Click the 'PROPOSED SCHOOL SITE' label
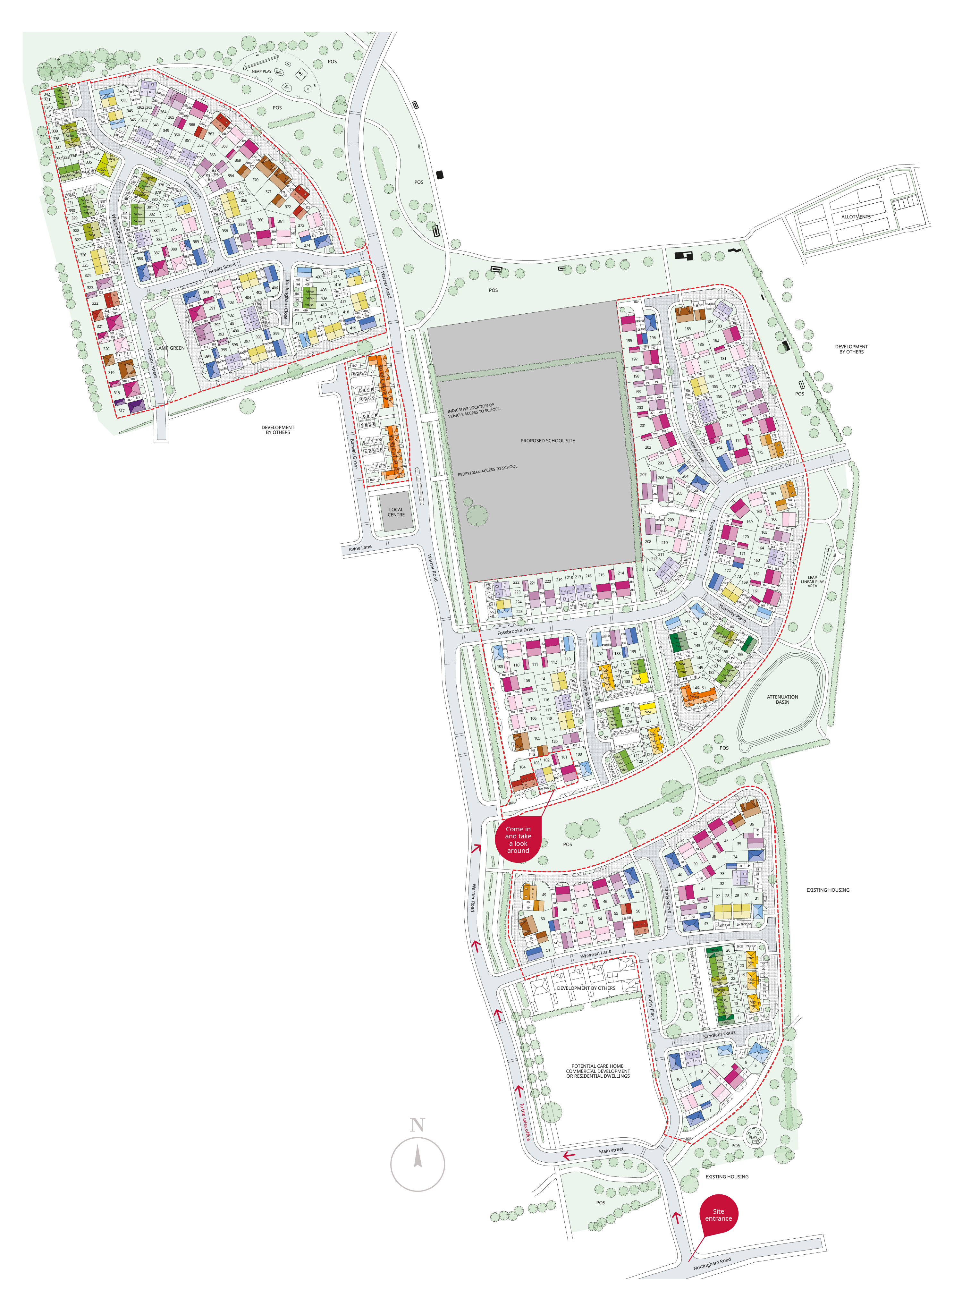tap(547, 441)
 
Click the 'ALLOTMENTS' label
tap(856, 216)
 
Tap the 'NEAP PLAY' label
tap(261, 72)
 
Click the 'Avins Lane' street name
tap(360, 548)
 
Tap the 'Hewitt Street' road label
tap(222, 268)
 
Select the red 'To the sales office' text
tap(525, 1121)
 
